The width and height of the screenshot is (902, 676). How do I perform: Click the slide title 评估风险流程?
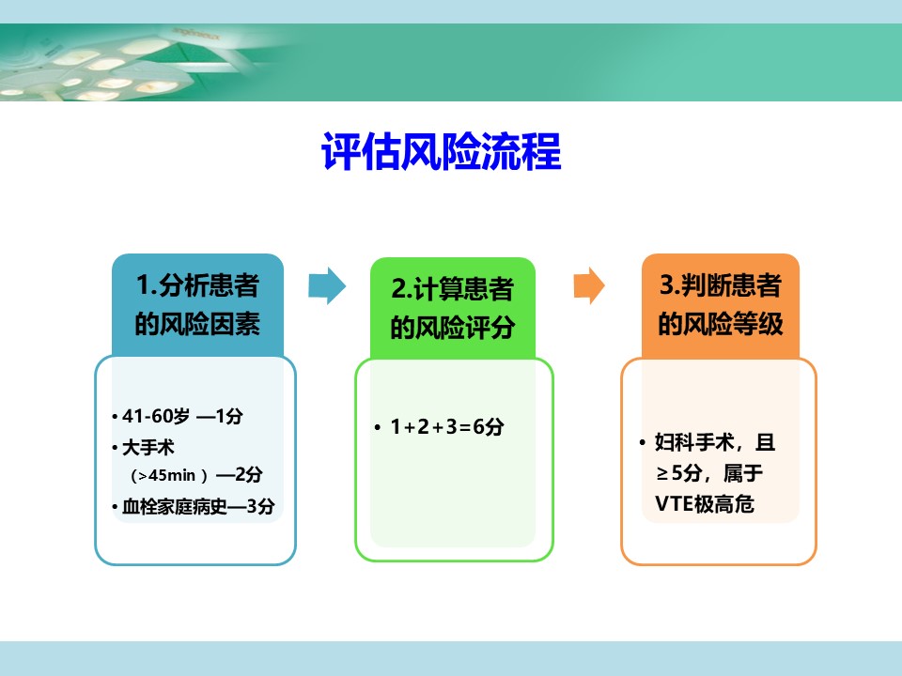(442, 151)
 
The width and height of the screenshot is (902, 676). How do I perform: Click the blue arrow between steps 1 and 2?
(327, 285)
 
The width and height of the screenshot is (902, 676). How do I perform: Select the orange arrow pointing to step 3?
(589, 285)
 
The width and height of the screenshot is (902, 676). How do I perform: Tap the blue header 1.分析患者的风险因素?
(197, 304)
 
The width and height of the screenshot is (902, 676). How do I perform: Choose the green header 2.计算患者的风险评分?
(453, 308)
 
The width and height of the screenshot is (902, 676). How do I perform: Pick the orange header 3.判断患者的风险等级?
(721, 305)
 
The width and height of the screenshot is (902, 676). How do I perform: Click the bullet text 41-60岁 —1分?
(182, 416)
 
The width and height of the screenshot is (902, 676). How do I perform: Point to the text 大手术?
(148, 447)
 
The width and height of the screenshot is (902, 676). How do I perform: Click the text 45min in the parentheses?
(172, 475)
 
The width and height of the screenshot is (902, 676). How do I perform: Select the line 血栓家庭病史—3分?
(198, 506)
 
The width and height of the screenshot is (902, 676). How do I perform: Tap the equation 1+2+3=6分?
(447, 426)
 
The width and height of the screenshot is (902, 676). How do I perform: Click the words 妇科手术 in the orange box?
(694, 442)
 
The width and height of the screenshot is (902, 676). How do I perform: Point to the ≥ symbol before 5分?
(662, 473)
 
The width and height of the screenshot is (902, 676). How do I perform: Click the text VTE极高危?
(705, 504)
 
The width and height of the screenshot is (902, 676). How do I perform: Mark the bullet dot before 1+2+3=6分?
(378, 427)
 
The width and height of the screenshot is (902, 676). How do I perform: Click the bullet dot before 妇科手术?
(643, 442)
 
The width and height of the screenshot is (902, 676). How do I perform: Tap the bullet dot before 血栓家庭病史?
(115, 507)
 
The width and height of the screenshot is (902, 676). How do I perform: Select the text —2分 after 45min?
(240, 475)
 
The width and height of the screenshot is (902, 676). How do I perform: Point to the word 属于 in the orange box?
(742, 473)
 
